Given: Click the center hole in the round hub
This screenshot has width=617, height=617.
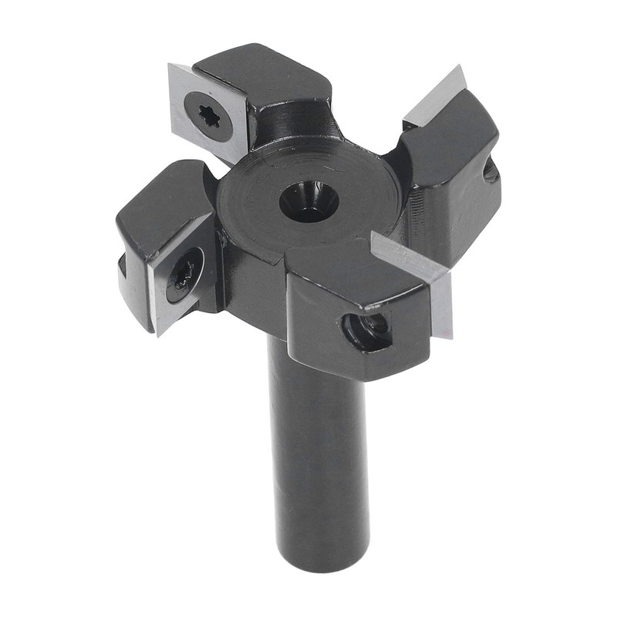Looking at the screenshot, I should click(x=308, y=203).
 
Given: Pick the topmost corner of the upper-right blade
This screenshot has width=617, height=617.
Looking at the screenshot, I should click(x=460, y=66).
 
